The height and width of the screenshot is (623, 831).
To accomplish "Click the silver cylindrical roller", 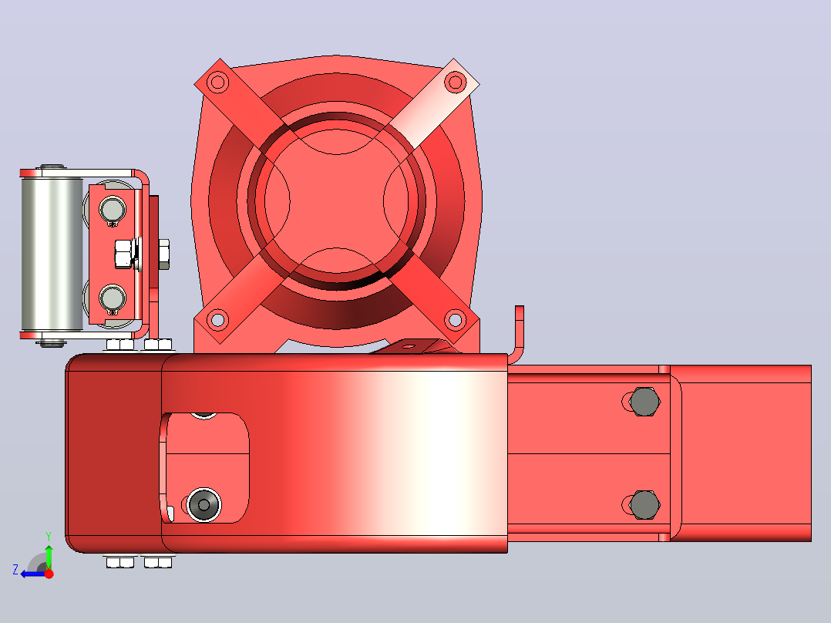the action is tap(52, 254).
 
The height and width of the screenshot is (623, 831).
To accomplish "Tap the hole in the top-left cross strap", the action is tap(217, 83).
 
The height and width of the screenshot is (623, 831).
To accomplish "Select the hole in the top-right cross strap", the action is tap(455, 83).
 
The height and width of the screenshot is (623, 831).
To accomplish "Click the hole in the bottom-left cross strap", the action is tap(217, 320).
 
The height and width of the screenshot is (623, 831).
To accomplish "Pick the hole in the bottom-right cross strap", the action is tap(455, 320).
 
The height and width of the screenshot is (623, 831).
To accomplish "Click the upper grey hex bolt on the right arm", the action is tap(644, 402).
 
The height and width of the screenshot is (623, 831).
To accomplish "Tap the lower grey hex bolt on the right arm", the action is tap(644, 504).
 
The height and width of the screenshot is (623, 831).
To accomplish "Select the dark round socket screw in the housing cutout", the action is tap(204, 503).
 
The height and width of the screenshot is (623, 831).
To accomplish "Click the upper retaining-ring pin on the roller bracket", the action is tap(113, 209).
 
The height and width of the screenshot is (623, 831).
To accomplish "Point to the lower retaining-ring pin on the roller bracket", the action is tap(113, 298).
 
